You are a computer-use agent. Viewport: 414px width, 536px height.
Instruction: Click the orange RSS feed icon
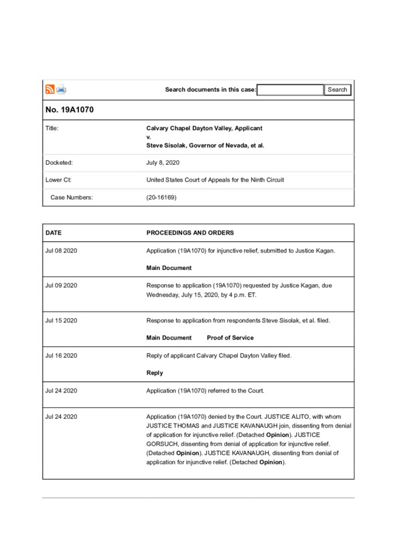[50, 90]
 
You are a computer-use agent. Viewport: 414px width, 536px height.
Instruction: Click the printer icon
[61, 90]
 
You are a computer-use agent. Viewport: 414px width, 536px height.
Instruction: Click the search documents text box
[290, 90]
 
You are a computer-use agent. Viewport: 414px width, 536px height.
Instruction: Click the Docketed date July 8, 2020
[163, 163]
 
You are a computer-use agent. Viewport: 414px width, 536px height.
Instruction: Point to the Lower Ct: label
[58, 180]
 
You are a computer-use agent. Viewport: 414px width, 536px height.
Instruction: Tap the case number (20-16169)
[161, 198]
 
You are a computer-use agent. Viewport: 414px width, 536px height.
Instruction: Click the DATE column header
[54, 233]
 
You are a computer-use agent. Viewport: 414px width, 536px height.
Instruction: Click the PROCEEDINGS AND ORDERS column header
[190, 233]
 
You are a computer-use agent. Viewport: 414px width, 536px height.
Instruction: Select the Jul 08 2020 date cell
[62, 251]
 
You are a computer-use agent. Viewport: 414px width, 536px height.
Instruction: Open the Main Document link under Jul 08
[169, 268]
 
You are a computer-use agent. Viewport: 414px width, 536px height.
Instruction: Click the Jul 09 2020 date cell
[62, 285]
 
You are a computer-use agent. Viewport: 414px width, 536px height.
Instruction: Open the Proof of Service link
[230, 338]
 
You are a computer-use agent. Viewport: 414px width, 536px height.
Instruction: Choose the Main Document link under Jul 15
[169, 338]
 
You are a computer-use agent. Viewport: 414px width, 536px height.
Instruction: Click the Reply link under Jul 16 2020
[155, 373]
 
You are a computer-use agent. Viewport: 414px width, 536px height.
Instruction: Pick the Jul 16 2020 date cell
[62, 355]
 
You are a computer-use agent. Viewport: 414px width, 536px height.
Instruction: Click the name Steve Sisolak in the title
[167, 145]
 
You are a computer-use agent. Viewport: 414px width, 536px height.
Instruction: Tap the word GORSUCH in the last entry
[163, 444]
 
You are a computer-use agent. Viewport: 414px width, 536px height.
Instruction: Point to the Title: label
[52, 127]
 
